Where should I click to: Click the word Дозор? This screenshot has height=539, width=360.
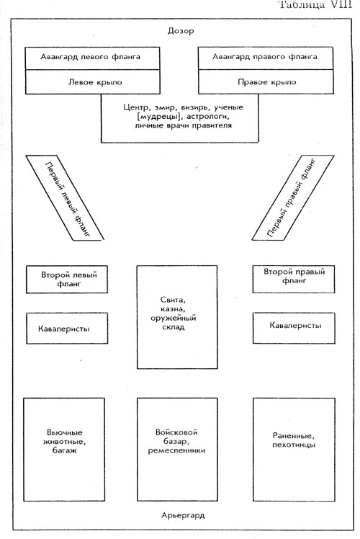coord(181,31)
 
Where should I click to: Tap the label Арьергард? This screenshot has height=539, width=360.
coord(183,515)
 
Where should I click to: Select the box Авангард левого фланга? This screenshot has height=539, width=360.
coord(92,58)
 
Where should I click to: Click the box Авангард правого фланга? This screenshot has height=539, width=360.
coord(266,58)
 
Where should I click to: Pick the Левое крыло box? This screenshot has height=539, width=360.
coord(92,82)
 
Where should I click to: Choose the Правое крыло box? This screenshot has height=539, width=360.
coord(266,81)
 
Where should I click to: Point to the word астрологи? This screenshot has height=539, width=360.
coord(209,117)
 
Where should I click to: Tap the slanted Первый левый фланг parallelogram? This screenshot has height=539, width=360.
coord(65,197)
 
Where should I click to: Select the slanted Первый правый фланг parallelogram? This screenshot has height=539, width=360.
coord(292,197)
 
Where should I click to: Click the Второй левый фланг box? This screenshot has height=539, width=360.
coord(67,279)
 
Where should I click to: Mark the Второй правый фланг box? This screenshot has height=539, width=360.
coord(294,279)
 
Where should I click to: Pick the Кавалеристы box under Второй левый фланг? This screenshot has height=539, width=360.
coord(67,329)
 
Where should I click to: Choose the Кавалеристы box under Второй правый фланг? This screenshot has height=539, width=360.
coord(294,328)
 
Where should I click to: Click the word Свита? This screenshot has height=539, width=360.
coord(173,300)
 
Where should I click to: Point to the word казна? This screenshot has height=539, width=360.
coord(173,309)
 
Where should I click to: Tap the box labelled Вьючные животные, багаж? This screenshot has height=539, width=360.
coord(64,450)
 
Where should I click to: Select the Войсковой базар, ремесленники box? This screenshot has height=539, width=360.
coord(177,450)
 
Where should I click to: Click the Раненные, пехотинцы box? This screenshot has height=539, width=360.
coord(294,450)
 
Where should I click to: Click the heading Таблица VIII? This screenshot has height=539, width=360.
coord(315,4)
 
